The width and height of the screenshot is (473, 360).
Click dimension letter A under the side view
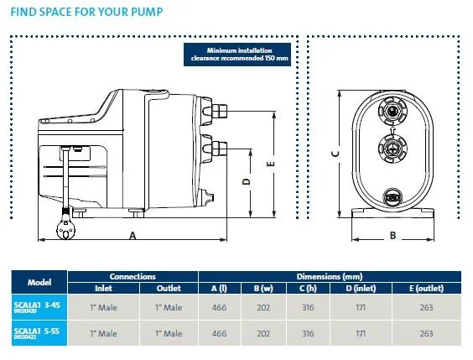133,237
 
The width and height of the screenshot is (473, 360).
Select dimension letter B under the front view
392,236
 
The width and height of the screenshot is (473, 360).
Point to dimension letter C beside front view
334,153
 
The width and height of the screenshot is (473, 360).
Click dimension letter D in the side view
245,180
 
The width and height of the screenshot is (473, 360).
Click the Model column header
39,283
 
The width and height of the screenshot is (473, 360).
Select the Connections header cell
133,276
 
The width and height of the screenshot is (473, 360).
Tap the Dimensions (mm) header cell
335,276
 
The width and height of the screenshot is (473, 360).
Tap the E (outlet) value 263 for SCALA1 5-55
426,333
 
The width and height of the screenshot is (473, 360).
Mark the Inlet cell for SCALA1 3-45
101,308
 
